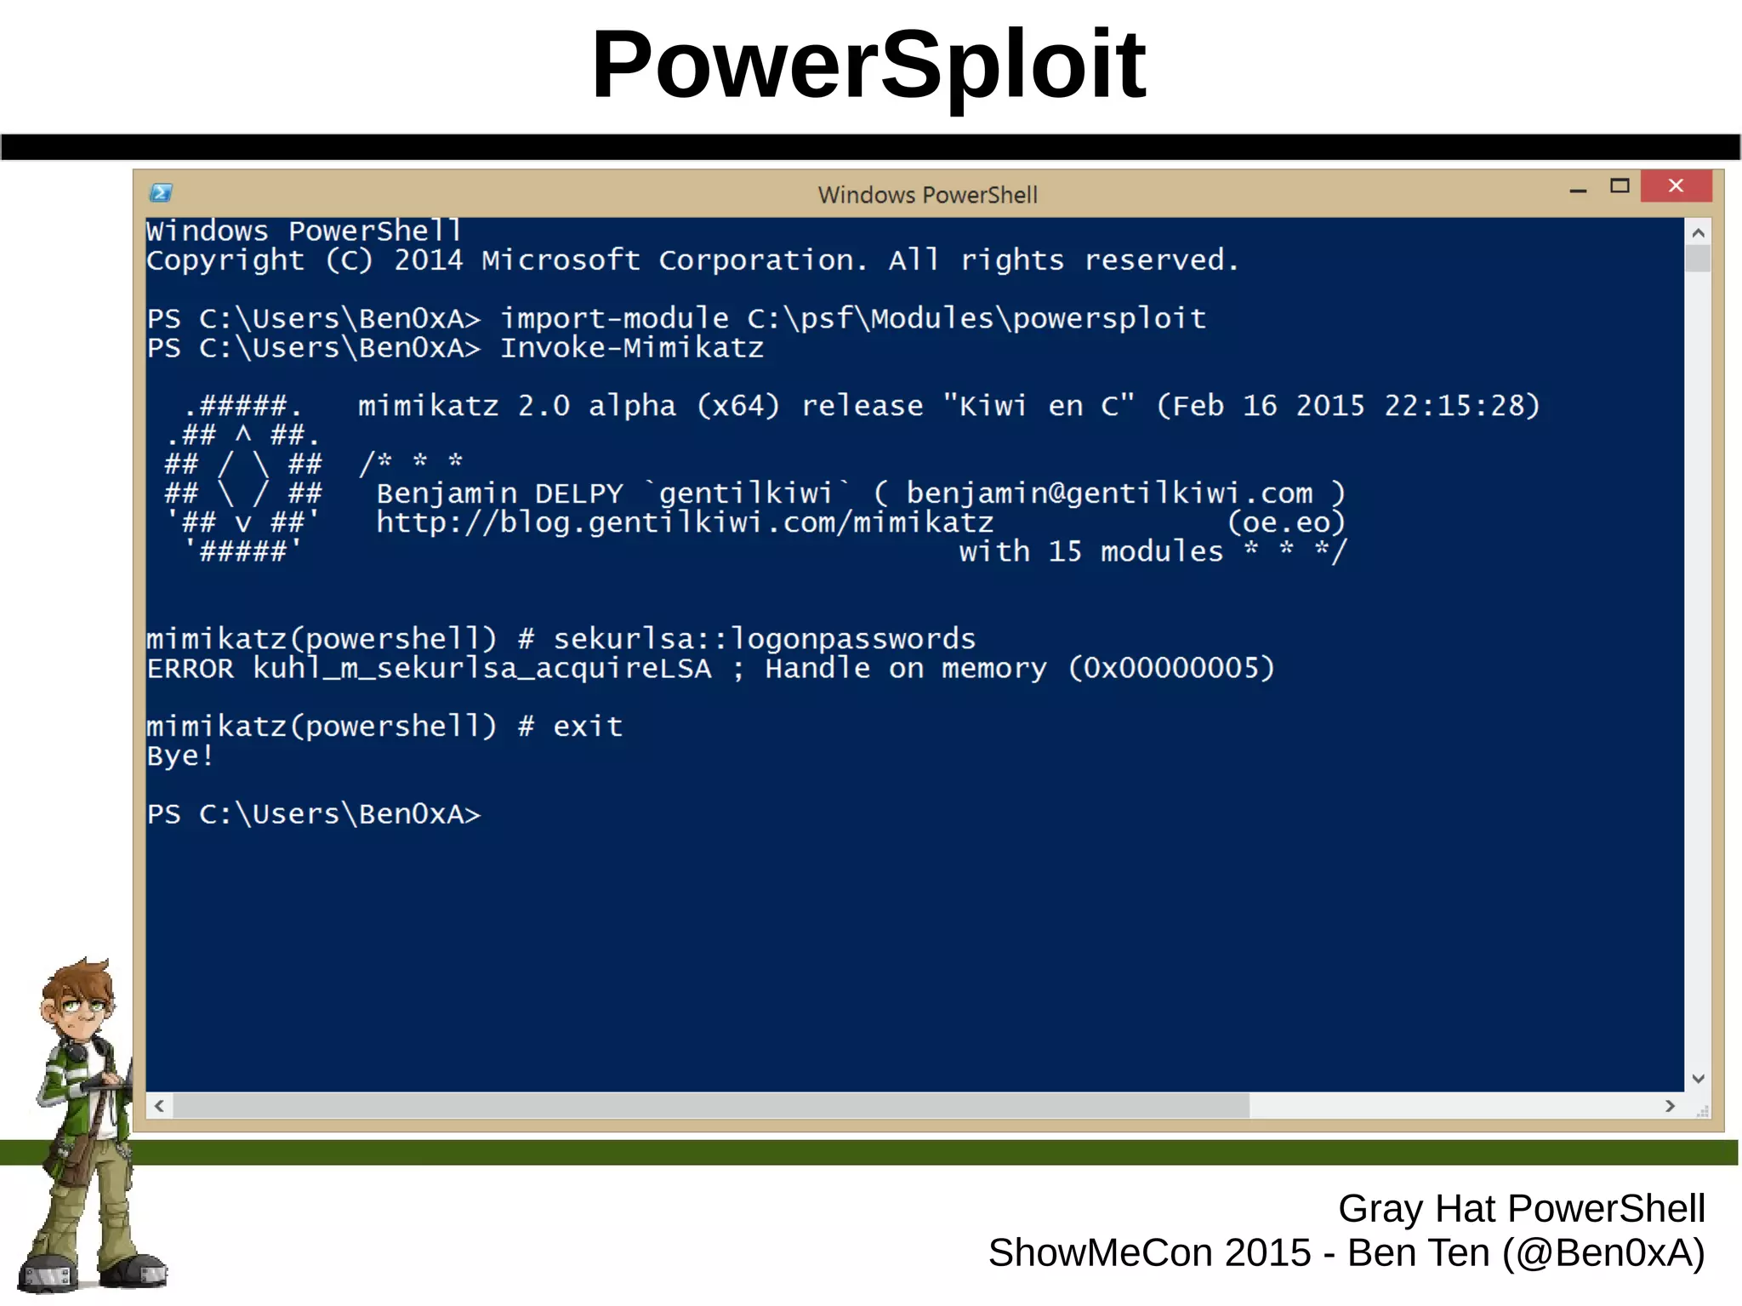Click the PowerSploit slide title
click(x=868, y=65)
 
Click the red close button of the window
click(x=1675, y=185)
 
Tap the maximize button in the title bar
click(x=1620, y=185)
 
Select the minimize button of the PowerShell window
click(x=1578, y=189)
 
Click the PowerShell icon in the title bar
click(x=161, y=193)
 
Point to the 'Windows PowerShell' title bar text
click(x=927, y=195)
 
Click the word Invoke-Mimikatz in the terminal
click(x=631, y=348)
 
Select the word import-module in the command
click(x=614, y=319)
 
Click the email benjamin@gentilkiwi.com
click(x=1108, y=493)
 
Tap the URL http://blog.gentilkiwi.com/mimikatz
click(x=685, y=522)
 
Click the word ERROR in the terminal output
click(x=190, y=669)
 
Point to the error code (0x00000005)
click(x=1171, y=669)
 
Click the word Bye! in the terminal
click(x=179, y=756)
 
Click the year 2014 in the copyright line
click(x=428, y=260)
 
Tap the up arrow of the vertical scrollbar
click(x=1698, y=232)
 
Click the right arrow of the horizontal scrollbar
click(x=1670, y=1105)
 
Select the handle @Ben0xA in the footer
click(x=1603, y=1253)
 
